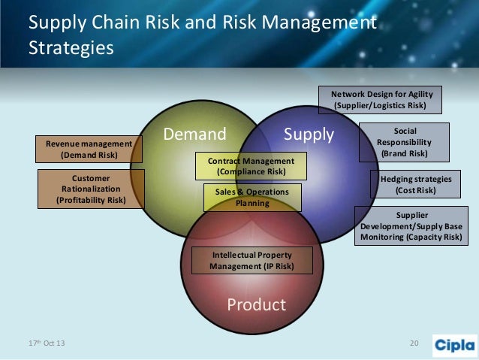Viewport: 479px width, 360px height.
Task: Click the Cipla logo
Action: [x=454, y=345]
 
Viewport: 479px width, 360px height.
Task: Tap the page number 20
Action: [x=413, y=344]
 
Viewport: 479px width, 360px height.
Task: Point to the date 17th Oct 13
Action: [x=47, y=344]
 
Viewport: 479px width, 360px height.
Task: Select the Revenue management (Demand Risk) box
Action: [x=89, y=149]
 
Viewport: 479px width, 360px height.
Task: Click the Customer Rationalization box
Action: [x=90, y=189]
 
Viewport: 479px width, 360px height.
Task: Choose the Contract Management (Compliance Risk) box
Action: [x=251, y=166]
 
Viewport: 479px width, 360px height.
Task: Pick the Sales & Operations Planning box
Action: [x=252, y=198]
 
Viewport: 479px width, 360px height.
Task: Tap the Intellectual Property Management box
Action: [x=251, y=260]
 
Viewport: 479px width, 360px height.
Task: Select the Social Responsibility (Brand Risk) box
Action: [x=404, y=142]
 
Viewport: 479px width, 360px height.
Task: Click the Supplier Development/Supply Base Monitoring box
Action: [x=416, y=226]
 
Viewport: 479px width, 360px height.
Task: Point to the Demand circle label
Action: [x=194, y=135]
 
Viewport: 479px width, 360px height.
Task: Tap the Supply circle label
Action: [x=309, y=135]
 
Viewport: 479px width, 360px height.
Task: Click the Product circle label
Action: [x=256, y=304]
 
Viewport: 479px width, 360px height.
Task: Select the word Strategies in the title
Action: [x=71, y=48]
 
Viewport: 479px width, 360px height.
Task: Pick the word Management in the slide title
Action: [x=325, y=23]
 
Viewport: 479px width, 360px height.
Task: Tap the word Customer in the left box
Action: [x=91, y=179]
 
